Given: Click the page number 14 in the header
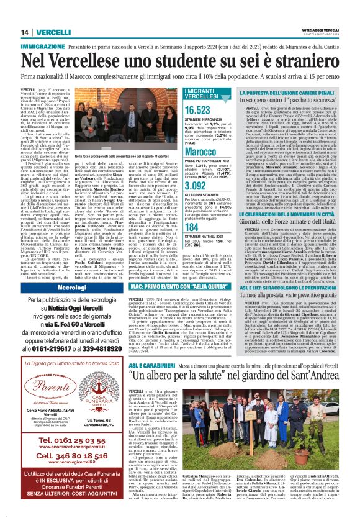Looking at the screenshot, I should pyautogui.click(x=11, y=32).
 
